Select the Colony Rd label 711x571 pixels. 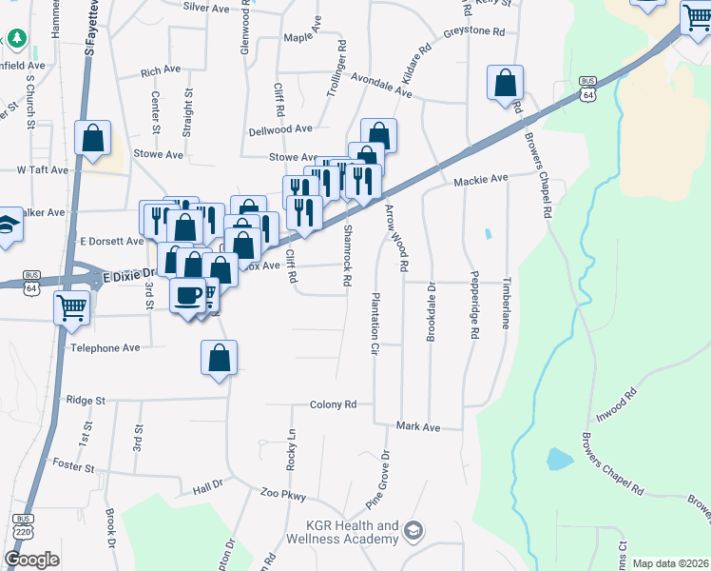pyautogui.click(x=333, y=404)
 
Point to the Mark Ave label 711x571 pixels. pyautogui.click(x=418, y=427)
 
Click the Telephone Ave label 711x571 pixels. pyautogui.click(x=105, y=348)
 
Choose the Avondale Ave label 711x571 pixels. pyautogui.click(x=380, y=87)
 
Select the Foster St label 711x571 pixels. pyautogui.click(x=74, y=467)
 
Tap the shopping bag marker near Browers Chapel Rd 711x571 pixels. pyautogui.click(x=505, y=82)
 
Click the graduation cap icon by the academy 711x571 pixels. pyautogui.click(x=413, y=529)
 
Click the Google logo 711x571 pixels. pyautogui.click(x=31, y=560)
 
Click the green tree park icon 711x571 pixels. pyautogui.click(x=16, y=38)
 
